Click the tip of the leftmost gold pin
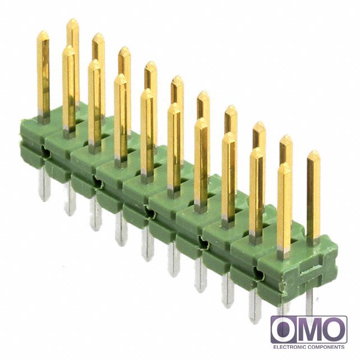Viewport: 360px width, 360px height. [x=43, y=31]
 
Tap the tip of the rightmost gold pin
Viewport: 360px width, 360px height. [x=314, y=151]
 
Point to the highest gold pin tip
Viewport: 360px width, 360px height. [x=73, y=20]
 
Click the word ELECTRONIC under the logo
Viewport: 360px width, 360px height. [x=290, y=347]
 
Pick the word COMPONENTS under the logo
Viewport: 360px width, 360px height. [x=326, y=347]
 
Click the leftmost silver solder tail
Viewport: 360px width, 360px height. [x=44, y=184]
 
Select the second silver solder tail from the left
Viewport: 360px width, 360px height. [x=70, y=199]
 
